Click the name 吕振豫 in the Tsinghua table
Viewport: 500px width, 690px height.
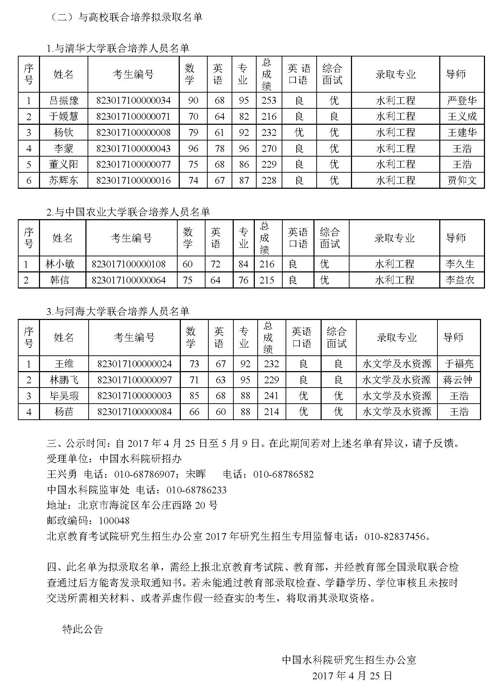point(64,100)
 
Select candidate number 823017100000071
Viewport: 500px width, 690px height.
point(133,117)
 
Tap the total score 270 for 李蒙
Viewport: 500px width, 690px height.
point(269,148)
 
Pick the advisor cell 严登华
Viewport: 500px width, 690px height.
point(462,100)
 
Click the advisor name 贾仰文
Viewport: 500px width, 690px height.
point(462,180)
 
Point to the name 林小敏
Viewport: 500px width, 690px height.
point(60,264)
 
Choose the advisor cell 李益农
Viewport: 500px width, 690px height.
point(460,280)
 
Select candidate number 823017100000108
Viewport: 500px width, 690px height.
point(129,264)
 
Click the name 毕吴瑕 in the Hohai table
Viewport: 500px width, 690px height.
point(64,396)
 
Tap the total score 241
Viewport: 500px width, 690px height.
point(271,396)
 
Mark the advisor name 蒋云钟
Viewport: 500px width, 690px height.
point(459,380)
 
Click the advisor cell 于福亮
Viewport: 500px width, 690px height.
point(459,364)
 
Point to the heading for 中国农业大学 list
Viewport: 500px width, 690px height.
point(128,212)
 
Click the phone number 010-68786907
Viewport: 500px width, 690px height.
point(144,474)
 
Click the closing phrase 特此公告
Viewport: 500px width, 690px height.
point(83,629)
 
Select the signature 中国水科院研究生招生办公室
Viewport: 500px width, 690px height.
point(349,660)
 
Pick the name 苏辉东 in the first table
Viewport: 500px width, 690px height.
point(64,180)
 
